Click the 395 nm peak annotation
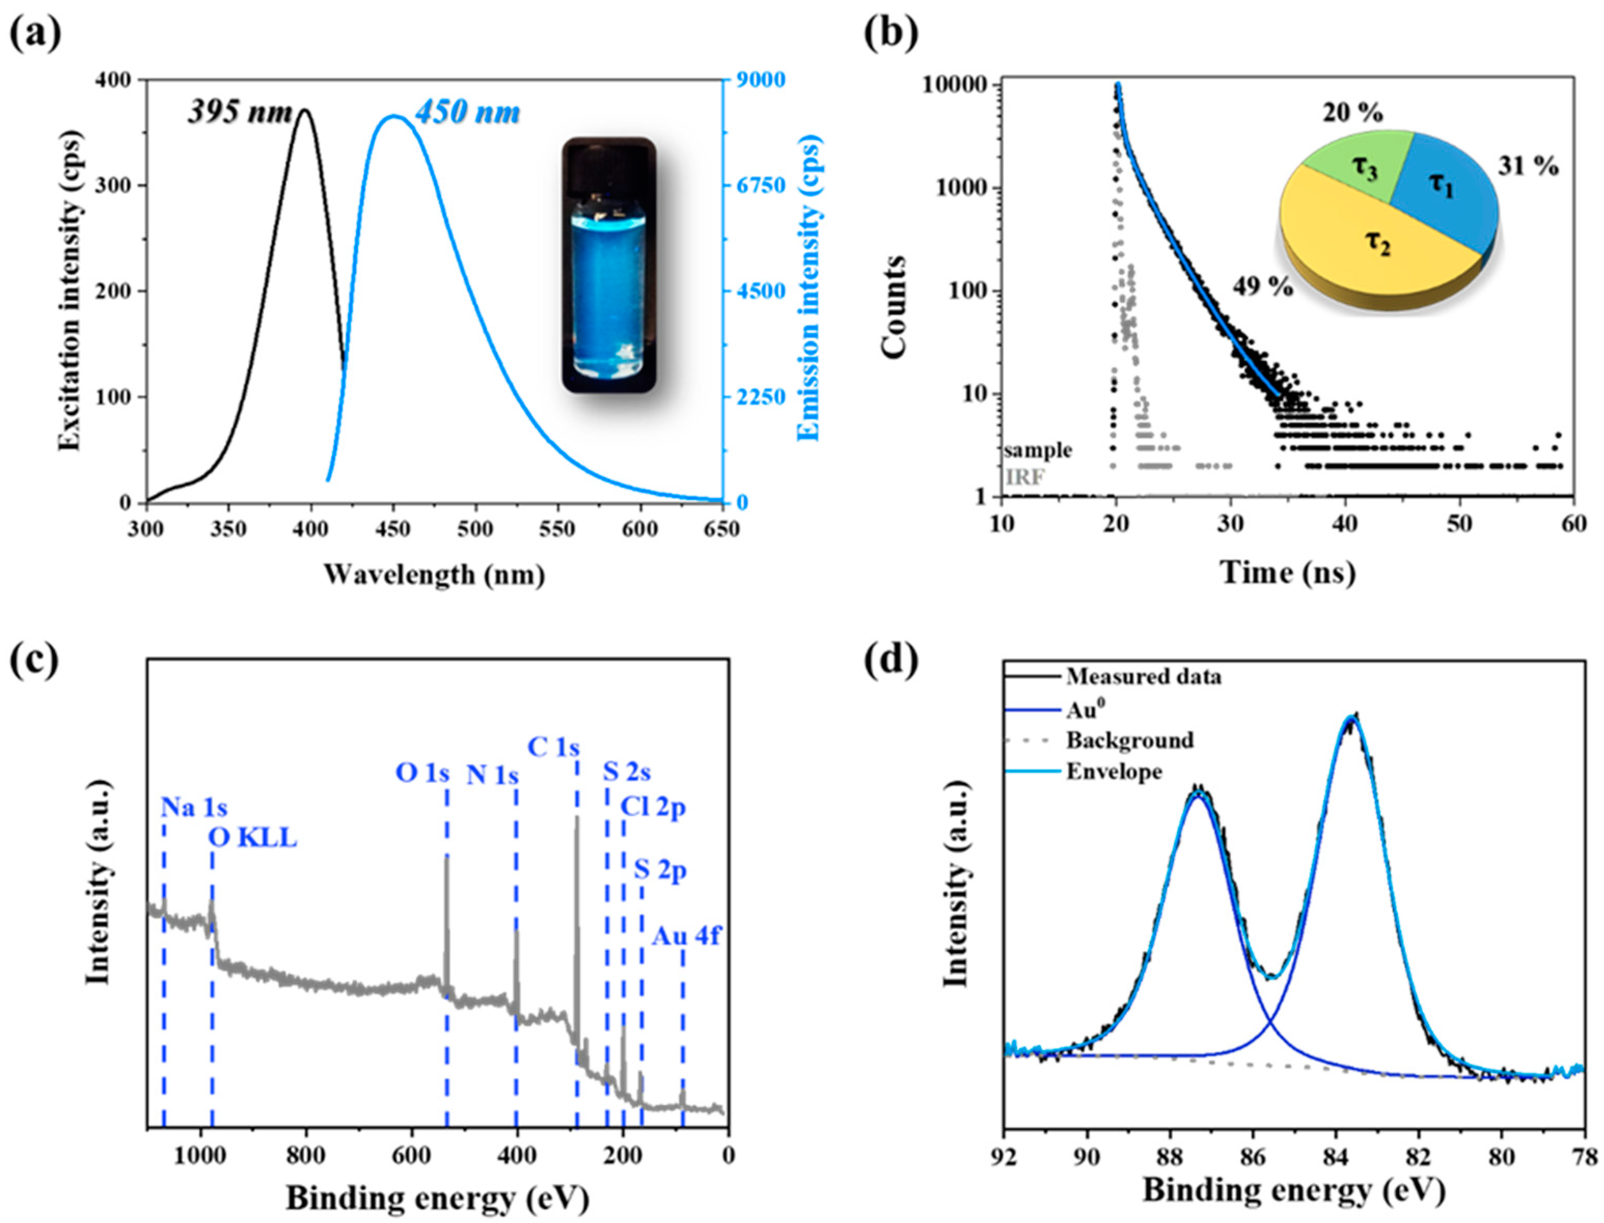(240, 112)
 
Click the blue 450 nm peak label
(468, 112)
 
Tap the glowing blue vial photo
(608, 265)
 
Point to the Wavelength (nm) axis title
(435, 574)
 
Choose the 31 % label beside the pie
(1528, 167)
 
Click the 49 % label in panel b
(1263, 287)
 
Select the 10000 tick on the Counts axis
(955, 85)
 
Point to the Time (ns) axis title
(1288, 573)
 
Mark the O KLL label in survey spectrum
(253, 838)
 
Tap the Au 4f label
(685, 936)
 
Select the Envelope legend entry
(1114, 771)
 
